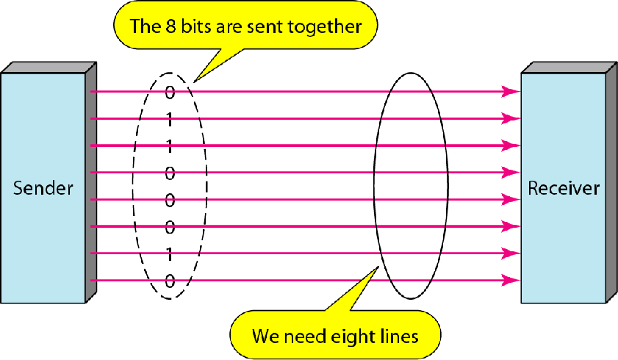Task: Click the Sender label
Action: pos(43,188)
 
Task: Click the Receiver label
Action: pos(564,188)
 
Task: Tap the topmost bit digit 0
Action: pos(170,93)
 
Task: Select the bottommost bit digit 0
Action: pos(170,281)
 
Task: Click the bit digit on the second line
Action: pos(170,119)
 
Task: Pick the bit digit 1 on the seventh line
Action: pos(170,254)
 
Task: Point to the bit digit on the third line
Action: pos(170,146)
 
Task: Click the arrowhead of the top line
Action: pos(509,92)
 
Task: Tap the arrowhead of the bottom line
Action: pos(509,280)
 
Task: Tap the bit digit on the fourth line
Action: pos(170,173)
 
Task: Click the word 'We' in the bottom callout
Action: pos(265,336)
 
